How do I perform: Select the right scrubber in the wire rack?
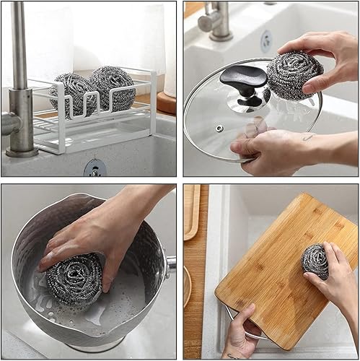click(113, 87)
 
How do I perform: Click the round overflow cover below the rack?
click(95, 168)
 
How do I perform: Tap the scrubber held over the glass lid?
click(293, 74)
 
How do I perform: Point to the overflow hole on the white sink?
click(265, 40)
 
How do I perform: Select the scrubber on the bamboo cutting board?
click(315, 261)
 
